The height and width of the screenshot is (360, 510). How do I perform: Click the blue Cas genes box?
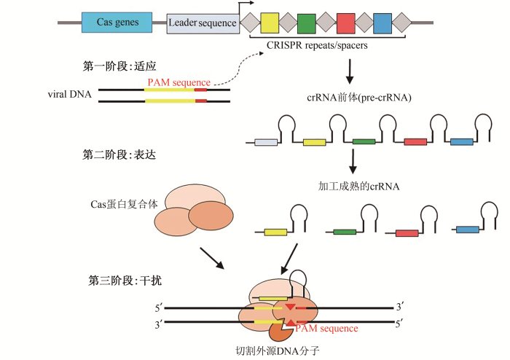[117, 23]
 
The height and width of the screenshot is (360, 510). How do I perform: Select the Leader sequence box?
[203, 23]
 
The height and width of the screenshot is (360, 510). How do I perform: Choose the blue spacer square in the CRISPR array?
[382, 23]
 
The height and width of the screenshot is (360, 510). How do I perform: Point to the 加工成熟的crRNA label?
[359, 186]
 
